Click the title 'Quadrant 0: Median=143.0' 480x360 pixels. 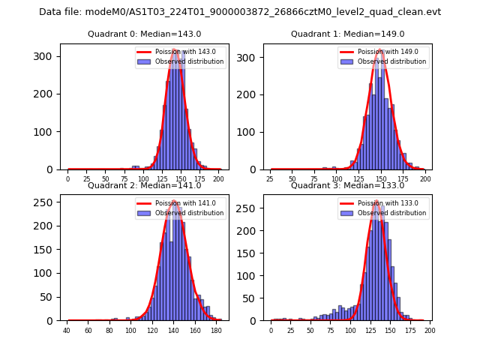point(144,34)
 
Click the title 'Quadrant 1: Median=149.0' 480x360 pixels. point(347,34)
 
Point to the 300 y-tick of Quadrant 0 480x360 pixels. point(47,57)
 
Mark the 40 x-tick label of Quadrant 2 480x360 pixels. point(67,331)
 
